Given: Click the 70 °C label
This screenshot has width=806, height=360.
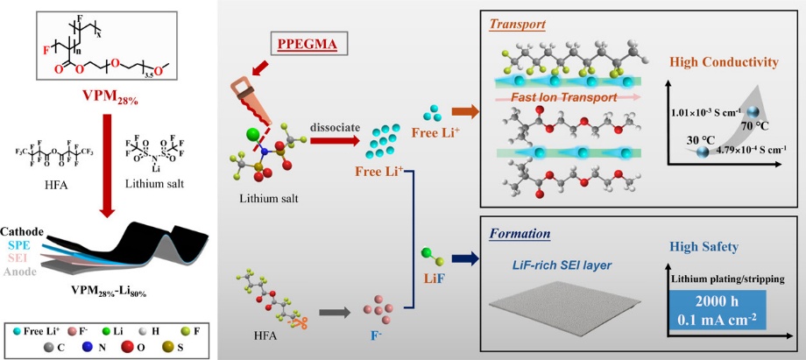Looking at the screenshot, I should tap(751, 124).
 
